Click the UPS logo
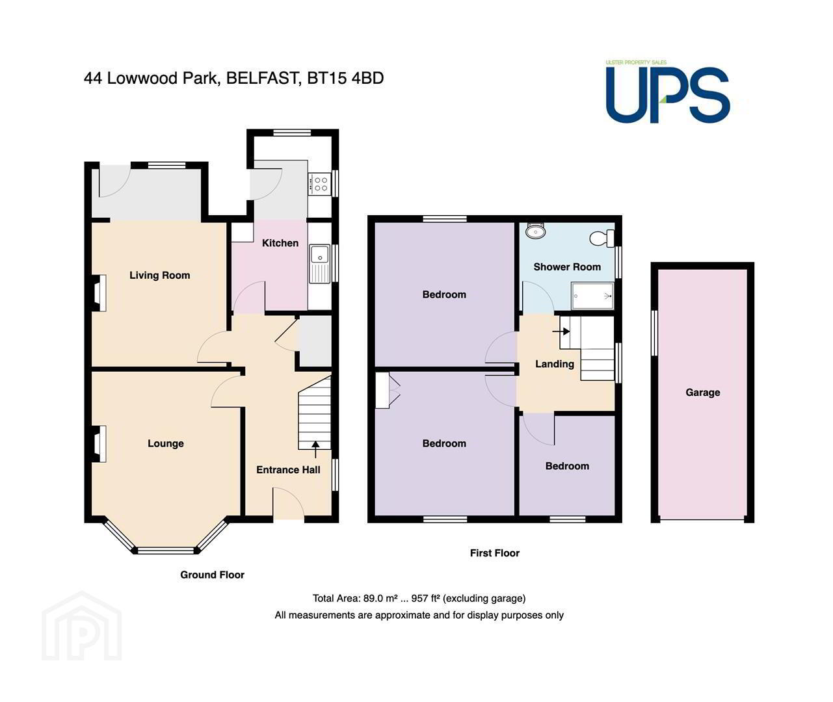coord(667,93)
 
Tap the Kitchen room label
coord(280,243)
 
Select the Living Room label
coord(159,275)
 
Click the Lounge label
coord(166,443)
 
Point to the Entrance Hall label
coord(288,470)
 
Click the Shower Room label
coord(567,267)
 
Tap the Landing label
coord(555,364)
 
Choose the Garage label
coord(702,393)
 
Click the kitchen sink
coord(320,264)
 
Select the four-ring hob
coord(320,185)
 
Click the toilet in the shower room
coord(602,238)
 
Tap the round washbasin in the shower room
coord(535,230)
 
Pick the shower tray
coord(592,296)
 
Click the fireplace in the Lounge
coord(99,444)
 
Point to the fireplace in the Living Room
coord(99,293)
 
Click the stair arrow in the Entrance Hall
coord(315,449)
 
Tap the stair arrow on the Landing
coord(561,331)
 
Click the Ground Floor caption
coord(212,575)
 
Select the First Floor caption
coord(495,552)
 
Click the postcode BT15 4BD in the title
coord(345,78)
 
